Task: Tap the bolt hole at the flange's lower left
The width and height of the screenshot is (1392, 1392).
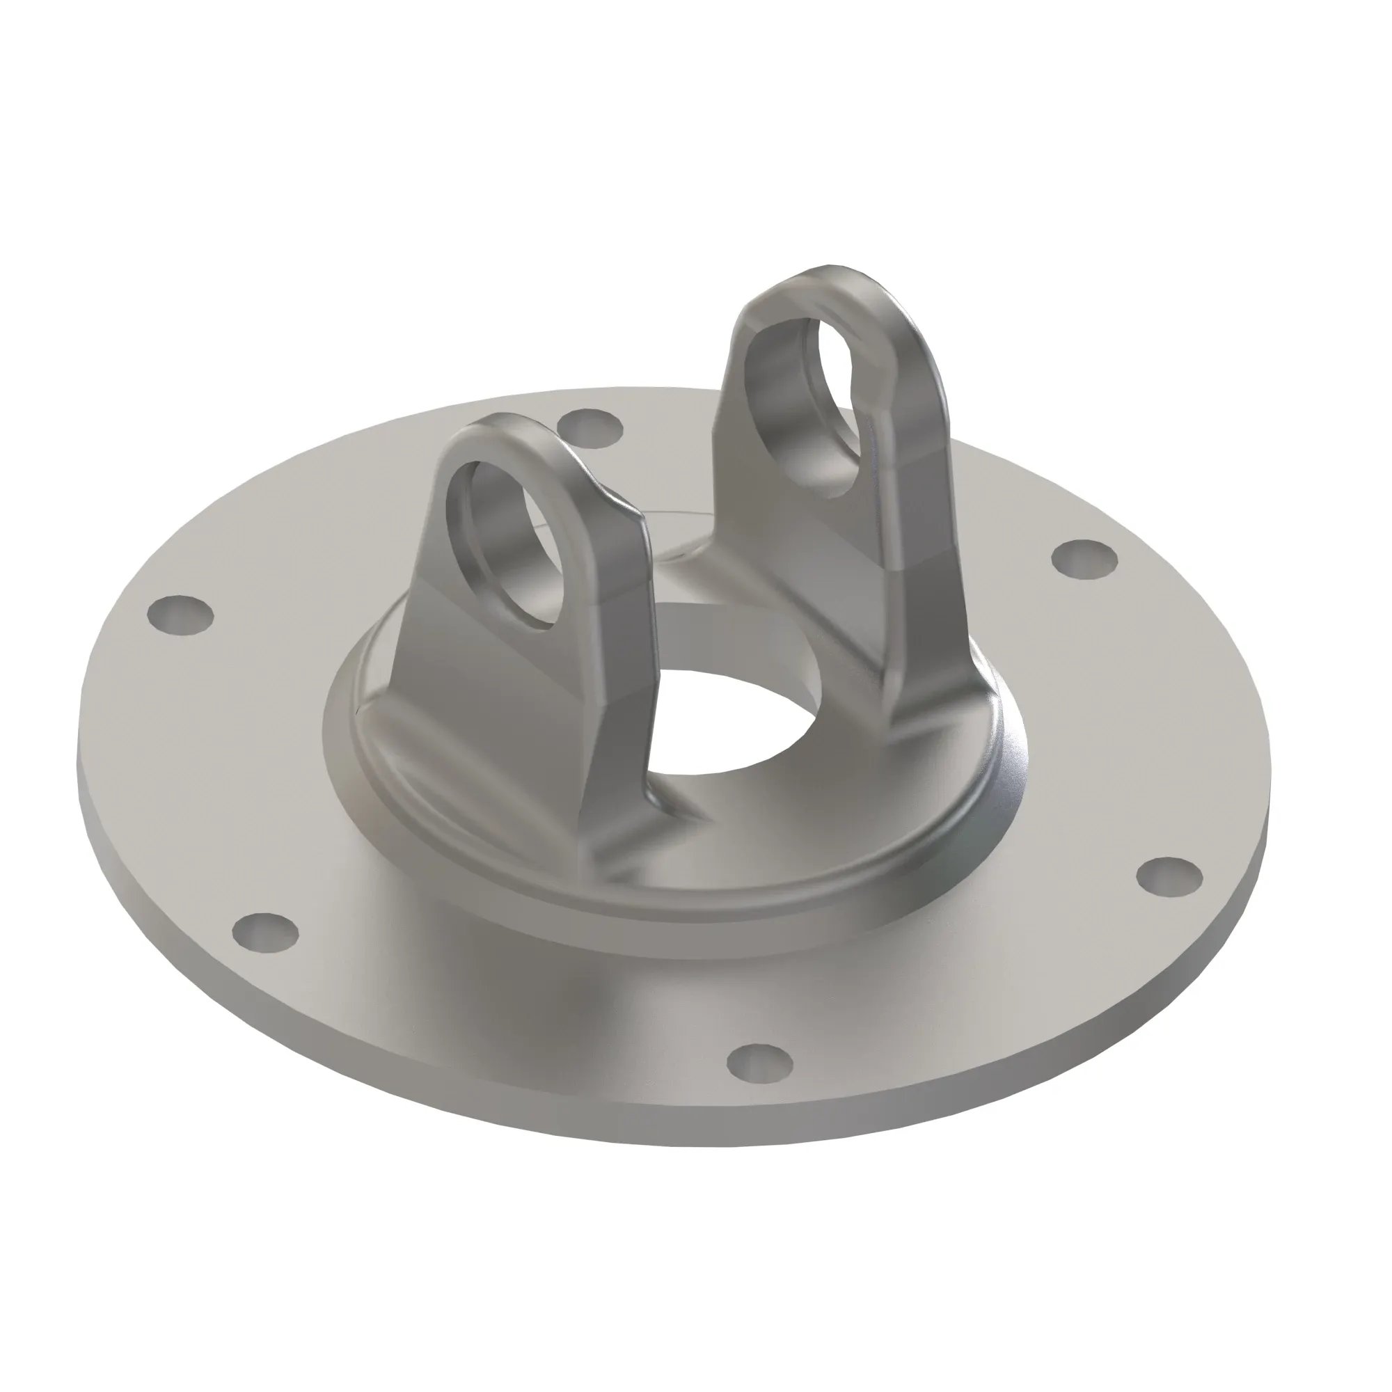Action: pos(265,930)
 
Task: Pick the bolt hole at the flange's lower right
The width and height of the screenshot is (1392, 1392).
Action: pos(1169,876)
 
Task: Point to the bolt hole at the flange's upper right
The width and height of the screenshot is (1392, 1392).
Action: pos(1084,558)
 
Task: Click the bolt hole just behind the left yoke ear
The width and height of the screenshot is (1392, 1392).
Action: pos(591,427)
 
